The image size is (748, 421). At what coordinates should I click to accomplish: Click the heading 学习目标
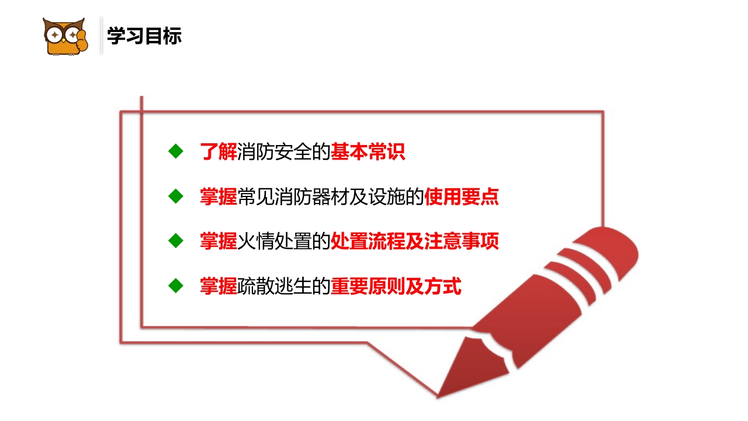pos(144,36)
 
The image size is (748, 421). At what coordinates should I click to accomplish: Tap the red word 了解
pos(218,152)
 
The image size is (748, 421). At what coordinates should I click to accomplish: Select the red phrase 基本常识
pos(368,152)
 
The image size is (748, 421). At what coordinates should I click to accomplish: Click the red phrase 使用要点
pos(462,196)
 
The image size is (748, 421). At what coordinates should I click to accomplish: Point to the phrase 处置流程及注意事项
pos(415,241)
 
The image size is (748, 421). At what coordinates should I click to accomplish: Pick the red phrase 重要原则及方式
pos(396,286)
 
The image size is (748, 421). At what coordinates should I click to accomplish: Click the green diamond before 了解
pos(175,151)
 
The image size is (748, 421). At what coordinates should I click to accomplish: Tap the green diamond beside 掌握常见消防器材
pos(175,196)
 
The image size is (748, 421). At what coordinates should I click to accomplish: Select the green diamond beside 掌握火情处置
pos(175,240)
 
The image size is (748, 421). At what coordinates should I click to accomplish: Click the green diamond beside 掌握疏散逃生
pos(175,285)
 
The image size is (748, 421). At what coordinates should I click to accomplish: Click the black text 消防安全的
pos(284,152)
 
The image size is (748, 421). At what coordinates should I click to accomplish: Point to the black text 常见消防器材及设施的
pos(331,196)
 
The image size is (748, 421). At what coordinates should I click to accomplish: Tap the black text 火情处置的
pos(284,241)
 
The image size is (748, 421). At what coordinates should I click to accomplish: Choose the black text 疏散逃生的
pos(284,286)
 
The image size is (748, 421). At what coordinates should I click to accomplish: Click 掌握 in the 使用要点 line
pos(218,196)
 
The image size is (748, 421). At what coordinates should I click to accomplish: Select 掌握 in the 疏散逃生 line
pos(218,286)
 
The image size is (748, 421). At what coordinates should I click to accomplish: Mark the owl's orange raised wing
pos(81,41)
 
